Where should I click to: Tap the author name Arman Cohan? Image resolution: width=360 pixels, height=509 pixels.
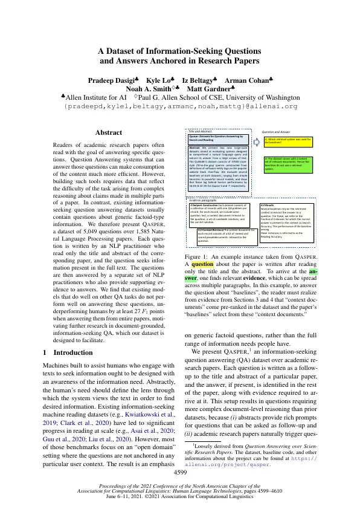pos(248,80)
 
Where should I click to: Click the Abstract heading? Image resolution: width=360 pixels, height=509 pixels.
pos(112,132)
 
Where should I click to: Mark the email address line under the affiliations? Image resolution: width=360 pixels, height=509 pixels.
pos(181,106)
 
